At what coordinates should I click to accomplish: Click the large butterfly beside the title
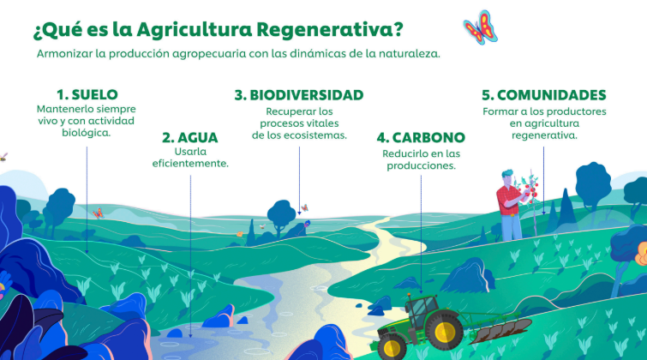click(x=480, y=27)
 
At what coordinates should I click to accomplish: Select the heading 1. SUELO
click(x=87, y=94)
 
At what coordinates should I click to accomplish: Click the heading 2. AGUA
click(x=189, y=137)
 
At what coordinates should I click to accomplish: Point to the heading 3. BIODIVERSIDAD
click(x=299, y=95)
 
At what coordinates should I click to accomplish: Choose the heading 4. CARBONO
click(x=421, y=137)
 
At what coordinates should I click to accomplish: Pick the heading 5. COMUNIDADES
click(x=544, y=95)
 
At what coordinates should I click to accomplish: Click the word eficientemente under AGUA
click(x=190, y=164)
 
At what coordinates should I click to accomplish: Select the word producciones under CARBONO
click(x=421, y=166)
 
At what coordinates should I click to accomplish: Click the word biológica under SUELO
click(x=87, y=133)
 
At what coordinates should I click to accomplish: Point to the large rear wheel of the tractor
click(x=446, y=331)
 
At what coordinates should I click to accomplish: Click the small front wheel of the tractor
click(x=392, y=347)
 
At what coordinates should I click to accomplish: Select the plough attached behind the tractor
click(x=501, y=329)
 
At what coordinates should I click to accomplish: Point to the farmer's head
click(x=508, y=177)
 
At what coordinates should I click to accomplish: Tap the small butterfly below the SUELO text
click(x=98, y=213)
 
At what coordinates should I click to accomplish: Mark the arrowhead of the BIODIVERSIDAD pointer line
click(x=299, y=213)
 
